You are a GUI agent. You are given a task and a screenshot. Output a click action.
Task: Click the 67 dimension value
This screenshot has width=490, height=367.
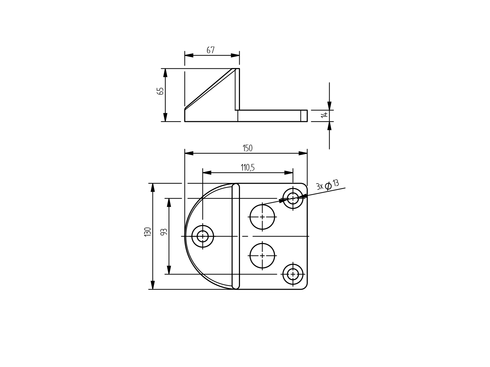pos(211,50)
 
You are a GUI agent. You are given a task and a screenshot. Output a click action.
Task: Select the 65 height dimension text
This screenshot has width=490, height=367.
pos(160,91)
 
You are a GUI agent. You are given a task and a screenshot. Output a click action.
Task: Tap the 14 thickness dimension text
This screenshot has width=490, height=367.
pos(324,114)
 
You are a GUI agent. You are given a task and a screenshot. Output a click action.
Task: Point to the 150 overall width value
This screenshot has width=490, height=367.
pos(248,148)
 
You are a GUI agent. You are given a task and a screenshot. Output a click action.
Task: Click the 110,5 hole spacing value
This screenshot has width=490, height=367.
pos(248,168)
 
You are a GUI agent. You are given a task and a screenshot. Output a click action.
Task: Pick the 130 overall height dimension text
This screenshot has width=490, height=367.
pos(148,232)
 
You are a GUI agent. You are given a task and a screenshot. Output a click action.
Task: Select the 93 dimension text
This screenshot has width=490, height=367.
pos(164,232)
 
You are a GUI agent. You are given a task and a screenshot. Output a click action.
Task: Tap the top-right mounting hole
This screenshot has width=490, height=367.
pos(293,199)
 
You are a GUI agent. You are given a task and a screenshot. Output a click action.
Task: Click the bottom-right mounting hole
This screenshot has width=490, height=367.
pos(293,274)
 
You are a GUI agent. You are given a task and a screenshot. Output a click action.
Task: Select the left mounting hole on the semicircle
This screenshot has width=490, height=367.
pos(203,236)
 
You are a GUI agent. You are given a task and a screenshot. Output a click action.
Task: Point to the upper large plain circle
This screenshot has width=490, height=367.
pos(262,217)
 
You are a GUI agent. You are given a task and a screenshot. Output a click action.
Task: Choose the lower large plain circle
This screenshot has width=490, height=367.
pos(262,256)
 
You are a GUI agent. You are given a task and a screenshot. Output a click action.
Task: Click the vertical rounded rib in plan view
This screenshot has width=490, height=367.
pos(235,236)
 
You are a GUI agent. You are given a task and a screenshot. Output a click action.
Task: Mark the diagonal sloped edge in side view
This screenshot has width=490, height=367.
pos(210,88)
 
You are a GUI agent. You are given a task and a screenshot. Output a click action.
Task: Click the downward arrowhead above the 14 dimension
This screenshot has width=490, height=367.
pos(329,106)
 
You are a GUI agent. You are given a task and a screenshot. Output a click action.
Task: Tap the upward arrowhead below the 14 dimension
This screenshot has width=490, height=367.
pos(329,126)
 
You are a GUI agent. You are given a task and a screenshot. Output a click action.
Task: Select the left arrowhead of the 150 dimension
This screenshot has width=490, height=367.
pos(189,153)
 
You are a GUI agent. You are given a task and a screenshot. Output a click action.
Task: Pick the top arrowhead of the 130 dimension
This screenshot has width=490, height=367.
pos(152,187)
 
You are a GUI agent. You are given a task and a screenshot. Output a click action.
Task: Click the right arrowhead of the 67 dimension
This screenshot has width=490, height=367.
pos(235,55)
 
